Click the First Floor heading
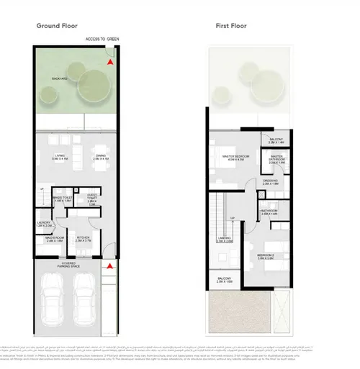click(230, 26)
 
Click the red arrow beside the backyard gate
click(109, 63)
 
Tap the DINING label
click(102, 157)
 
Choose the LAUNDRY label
click(45, 224)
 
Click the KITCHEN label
click(83, 238)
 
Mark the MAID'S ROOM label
click(55, 238)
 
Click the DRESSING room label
click(270, 182)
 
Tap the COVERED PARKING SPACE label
click(73, 263)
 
